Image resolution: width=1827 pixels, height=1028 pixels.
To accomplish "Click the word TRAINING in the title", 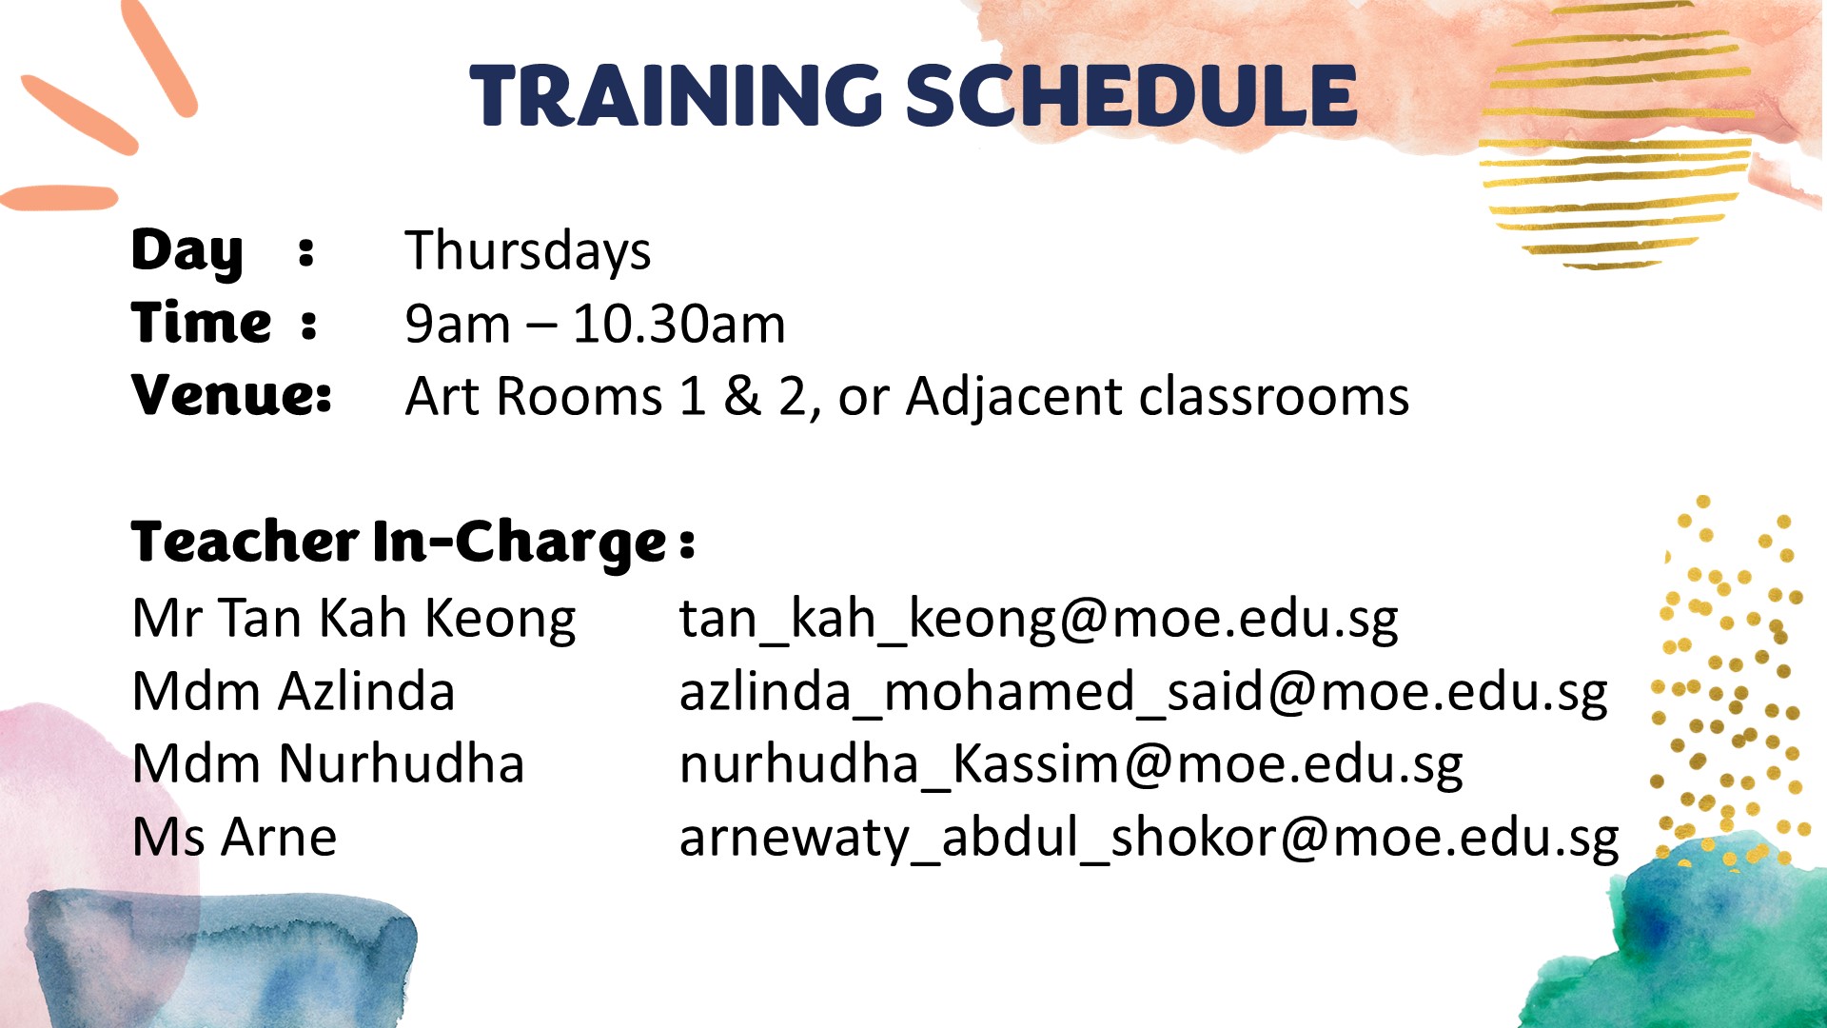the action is coord(677,95).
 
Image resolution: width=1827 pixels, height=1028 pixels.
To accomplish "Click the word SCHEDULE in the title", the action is coord(1131,95).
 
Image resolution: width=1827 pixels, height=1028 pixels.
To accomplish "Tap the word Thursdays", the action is coord(528,252).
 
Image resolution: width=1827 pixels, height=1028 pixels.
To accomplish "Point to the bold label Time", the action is coord(202,323).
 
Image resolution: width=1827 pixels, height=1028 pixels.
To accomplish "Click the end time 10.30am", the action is coord(679,325).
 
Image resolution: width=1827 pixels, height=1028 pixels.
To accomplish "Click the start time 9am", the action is coord(458,325).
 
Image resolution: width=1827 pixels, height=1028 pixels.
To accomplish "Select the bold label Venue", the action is coord(231,395).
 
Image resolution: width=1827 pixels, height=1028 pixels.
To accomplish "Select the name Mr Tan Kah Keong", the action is coord(354,619).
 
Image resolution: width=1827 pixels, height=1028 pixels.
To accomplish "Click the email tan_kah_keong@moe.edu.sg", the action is coord(1039,621).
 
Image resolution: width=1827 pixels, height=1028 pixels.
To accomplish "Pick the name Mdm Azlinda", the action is coord(293,692).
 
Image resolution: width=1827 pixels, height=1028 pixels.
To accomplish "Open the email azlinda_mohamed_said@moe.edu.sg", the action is coord(1144,693).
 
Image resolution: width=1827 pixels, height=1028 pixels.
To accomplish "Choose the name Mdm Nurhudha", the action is coord(328,764).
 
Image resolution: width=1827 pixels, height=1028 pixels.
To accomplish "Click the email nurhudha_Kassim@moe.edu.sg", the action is coord(1071,766).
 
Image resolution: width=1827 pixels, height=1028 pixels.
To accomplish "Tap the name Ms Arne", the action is coord(234,838).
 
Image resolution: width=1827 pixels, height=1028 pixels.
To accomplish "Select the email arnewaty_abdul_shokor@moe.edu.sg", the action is coord(1149,840).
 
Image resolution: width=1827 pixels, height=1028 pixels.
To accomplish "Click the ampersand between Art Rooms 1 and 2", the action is coord(742,397).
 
